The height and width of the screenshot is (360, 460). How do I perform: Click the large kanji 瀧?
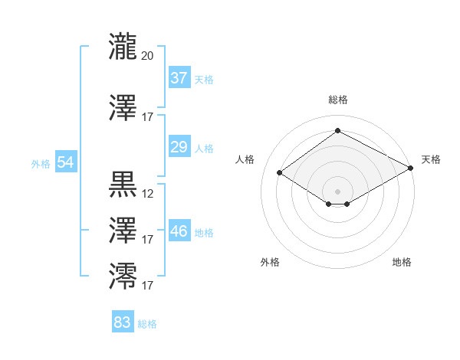(x=123, y=46)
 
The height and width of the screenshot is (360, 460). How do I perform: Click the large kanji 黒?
(x=123, y=185)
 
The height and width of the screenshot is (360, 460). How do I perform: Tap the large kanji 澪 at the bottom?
(x=123, y=276)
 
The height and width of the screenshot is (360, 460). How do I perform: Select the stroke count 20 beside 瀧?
(x=147, y=56)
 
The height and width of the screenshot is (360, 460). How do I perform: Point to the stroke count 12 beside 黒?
(x=147, y=194)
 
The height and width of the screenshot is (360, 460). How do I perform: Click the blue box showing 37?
(x=179, y=77)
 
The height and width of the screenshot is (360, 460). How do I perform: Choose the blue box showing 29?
(x=179, y=146)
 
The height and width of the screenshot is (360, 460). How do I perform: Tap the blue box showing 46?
(x=179, y=230)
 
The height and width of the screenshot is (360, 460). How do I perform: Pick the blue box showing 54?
(x=66, y=162)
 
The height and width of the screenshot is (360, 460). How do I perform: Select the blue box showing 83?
(x=123, y=321)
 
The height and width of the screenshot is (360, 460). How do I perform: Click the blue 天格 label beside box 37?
(x=204, y=80)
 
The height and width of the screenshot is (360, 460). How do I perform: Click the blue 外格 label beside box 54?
(x=41, y=164)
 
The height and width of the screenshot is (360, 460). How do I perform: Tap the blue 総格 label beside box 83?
(x=147, y=324)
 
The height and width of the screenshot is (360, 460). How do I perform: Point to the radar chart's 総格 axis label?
(x=338, y=100)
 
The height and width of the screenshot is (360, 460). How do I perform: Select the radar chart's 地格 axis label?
(x=402, y=262)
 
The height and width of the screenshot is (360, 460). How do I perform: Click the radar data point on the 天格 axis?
(x=410, y=168)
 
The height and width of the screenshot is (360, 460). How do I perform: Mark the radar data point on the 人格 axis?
(x=280, y=172)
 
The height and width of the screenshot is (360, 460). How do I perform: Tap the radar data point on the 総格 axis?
(x=337, y=130)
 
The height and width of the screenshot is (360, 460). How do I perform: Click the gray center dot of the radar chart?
(x=337, y=191)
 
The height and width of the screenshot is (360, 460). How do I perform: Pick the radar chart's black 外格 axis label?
(x=270, y=262)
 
